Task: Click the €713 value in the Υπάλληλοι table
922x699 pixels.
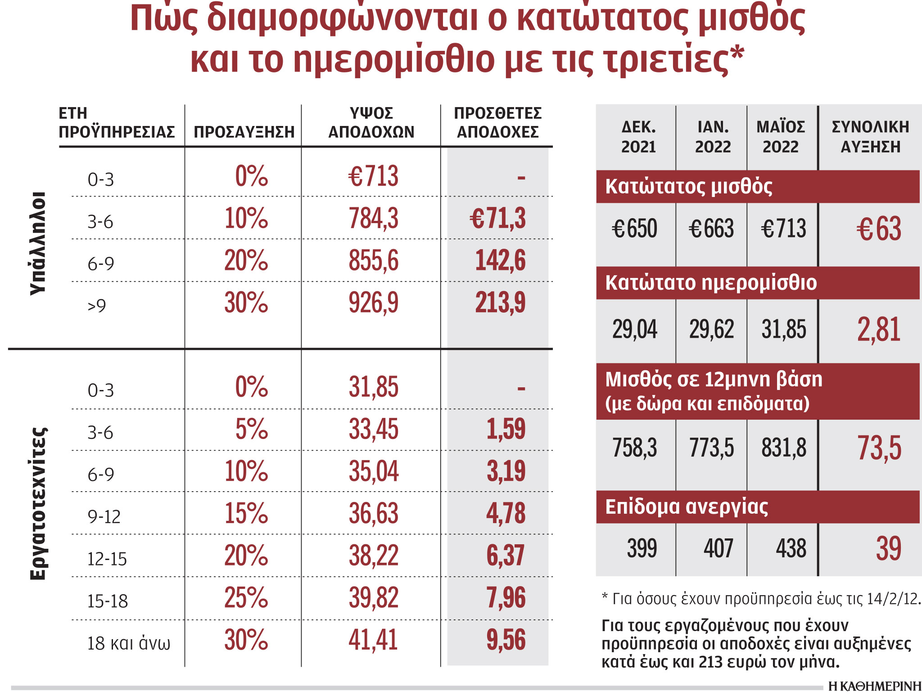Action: pos(373,176)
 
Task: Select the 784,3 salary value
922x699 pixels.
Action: pos(373,218)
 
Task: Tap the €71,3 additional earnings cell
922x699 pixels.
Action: pos(497,218)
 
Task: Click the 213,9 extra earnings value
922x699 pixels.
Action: pos(500,302)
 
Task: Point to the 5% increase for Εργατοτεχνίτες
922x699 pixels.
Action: pos(251,429)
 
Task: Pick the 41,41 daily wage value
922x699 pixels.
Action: pos(373,640)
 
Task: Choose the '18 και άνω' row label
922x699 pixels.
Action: pos(128,643)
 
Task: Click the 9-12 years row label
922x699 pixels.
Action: pos(104,517)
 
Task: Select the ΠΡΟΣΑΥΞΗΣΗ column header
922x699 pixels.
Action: pos(244,132)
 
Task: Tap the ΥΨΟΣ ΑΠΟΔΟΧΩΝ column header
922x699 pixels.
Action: pos(371,122)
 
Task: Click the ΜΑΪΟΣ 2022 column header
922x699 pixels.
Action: pos(781,137)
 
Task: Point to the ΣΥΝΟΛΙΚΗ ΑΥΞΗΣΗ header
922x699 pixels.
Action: pos(870,137)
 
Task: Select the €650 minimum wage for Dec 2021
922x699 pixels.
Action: pos(634,229)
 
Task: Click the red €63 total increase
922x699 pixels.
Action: pos(878,229)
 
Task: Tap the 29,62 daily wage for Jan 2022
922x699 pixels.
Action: pos(711,329)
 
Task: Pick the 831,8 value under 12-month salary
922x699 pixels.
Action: pos(784,448)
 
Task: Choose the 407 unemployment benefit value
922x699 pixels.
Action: pos(718,548)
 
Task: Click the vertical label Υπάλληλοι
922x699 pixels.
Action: pos(38,243)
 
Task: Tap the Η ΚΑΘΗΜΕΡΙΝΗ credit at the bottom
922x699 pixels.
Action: pos(874,686)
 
